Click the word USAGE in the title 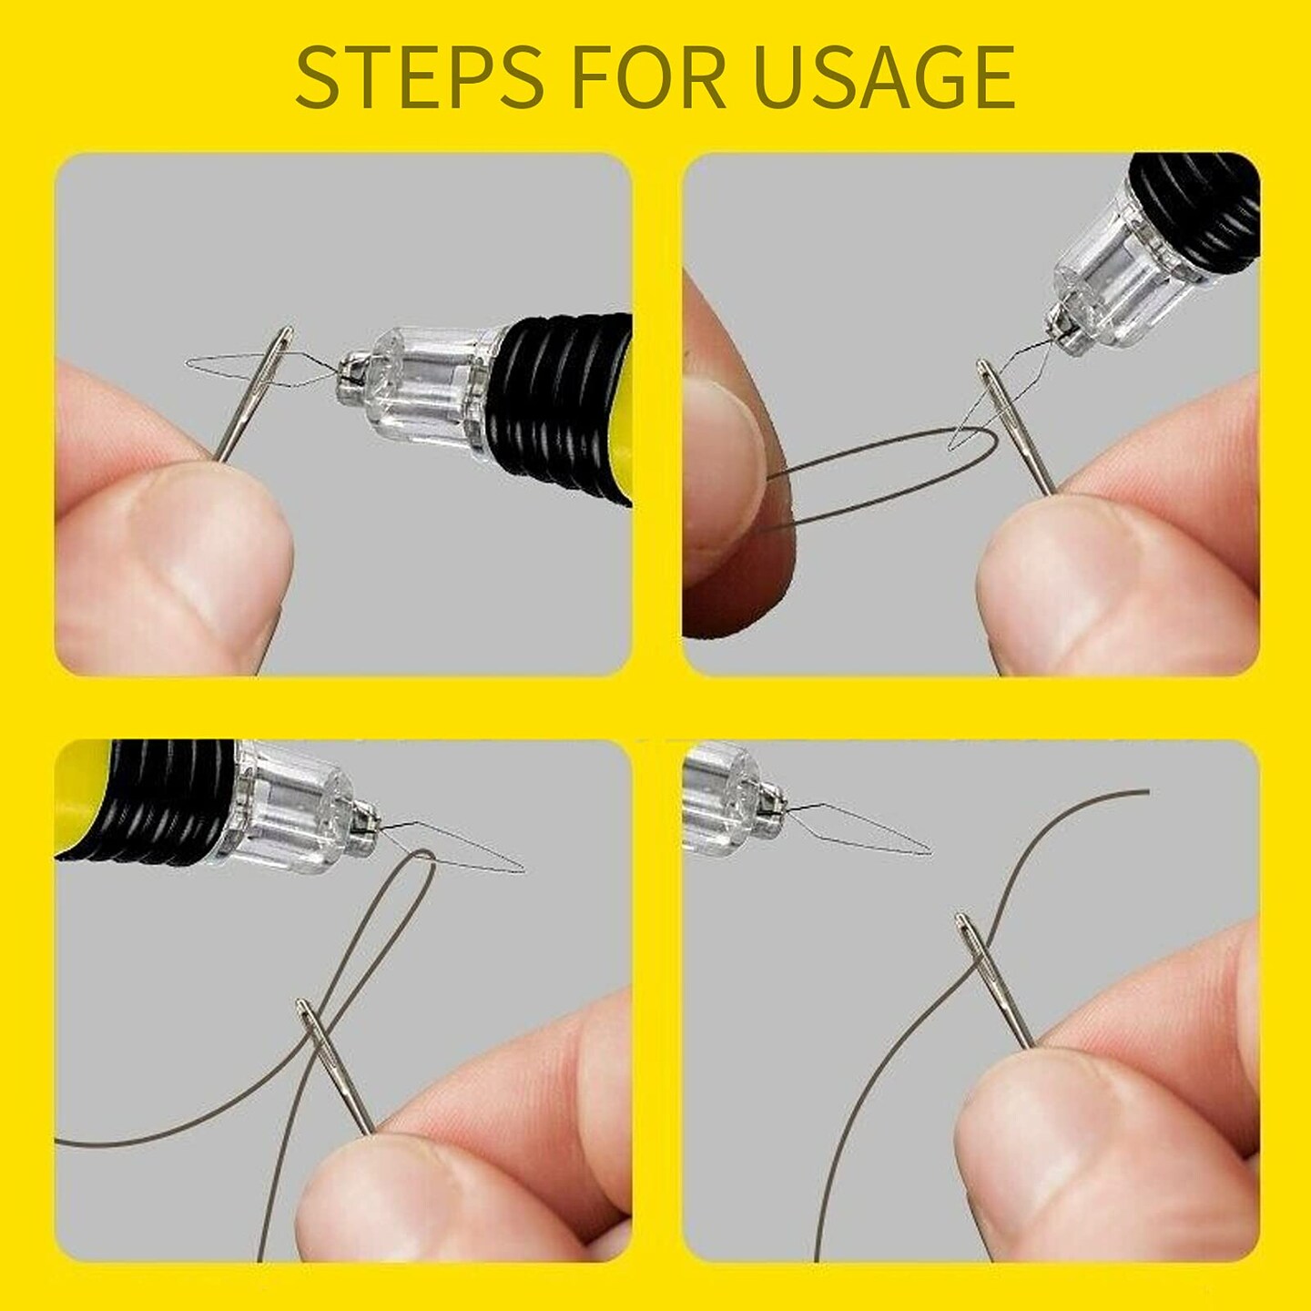(x=884, y=77)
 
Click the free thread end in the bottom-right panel (x=1143, y=792)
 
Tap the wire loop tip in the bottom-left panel (x=519, y=870)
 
